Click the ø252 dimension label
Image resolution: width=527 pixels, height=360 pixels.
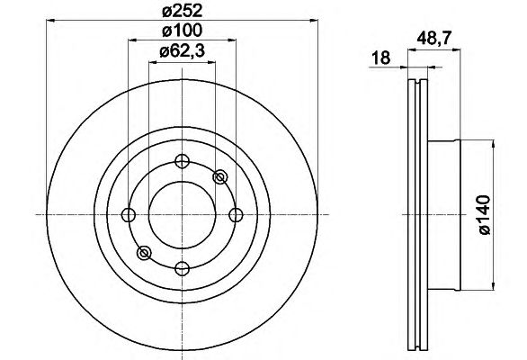[183, 11]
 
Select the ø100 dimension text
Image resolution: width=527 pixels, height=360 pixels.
[183, 31]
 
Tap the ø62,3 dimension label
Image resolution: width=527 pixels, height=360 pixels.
[183, 51]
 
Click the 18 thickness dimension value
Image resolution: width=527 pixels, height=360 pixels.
[380, 58]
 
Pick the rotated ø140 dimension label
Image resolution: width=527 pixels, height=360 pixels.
[485, 215]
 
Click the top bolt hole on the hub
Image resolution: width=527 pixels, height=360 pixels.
[183, 161]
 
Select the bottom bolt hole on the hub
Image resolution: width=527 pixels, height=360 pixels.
[183, 268]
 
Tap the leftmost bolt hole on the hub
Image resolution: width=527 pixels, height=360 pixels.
[128, 215]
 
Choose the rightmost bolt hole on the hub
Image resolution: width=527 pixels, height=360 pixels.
[236, 215]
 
